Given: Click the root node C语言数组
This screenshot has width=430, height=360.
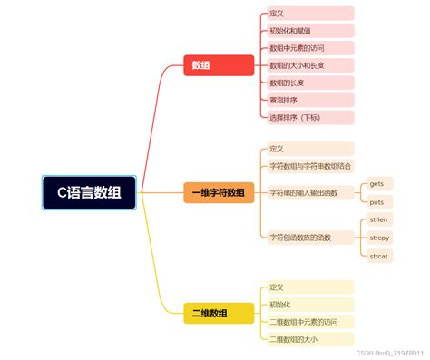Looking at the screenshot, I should [x=89, y=191].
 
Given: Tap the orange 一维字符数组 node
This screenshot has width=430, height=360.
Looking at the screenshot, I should [x=218, y=192].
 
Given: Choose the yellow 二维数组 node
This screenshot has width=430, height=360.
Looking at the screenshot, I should [x=210, y=314].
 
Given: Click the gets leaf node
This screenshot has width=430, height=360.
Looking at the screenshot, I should [x=376, y=184].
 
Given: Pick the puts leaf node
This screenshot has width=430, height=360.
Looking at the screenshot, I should [x=376, y=201].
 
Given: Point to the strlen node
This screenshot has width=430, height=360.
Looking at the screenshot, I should [x=378, y=220].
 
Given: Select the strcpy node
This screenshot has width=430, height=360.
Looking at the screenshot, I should [x=378, y=238].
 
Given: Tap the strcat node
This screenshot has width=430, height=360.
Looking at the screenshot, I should [x=378, y=256].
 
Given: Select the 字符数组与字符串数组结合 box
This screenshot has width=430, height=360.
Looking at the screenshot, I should [x=308, y=166].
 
